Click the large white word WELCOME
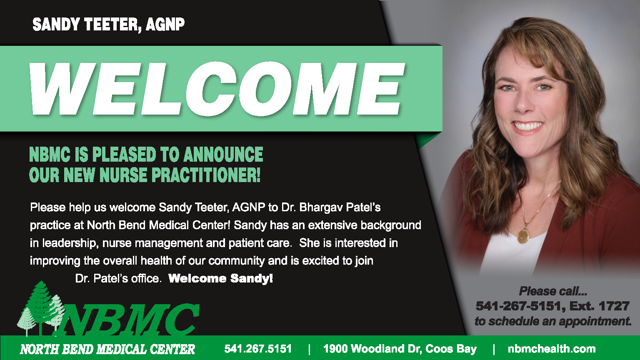click(217, 89)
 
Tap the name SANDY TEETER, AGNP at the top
click(109, 24)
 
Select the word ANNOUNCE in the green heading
click(223, 154)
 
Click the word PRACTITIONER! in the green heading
click(206, 175)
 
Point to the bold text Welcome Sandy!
click(220, 278)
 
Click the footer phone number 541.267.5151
click(258, 349)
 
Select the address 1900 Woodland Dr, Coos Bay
click(400, 349)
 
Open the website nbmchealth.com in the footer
click(552, 349)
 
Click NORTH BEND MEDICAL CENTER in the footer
click(107, 349)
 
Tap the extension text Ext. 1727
click(600, 306)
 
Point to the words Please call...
click(549, 291)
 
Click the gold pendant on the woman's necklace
click(523, 236)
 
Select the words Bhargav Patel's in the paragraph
click(340, 207)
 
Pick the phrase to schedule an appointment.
click(553, 321)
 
